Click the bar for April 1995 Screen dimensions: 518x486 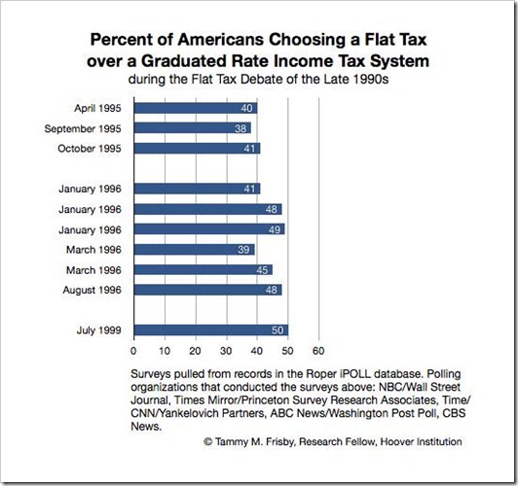[x=196, y=108]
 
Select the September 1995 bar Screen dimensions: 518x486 [x=193, y=128]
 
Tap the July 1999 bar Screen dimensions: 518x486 [x=211, y=330]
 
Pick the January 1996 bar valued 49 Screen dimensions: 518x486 [x=209, y=229]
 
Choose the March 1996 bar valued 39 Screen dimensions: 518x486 [x=195, y=250]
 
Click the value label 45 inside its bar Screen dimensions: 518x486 [x=262, y=270]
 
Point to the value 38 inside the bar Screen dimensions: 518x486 [x=240, y=128]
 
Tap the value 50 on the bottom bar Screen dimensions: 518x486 [x=277, y=330]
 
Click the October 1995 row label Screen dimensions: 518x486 [x=90, y=149]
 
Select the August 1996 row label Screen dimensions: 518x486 [x=92, y=291]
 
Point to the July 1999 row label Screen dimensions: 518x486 [x=99, y=330]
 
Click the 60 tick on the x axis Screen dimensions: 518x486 [x=318, y=351]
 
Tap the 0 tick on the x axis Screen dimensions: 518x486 [x=133, y=351]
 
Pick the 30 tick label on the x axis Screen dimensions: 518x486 [x=226, y=351]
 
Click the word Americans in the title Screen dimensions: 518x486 [x=221, y=40]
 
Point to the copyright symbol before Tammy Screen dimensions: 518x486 [x=207, y=442]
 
